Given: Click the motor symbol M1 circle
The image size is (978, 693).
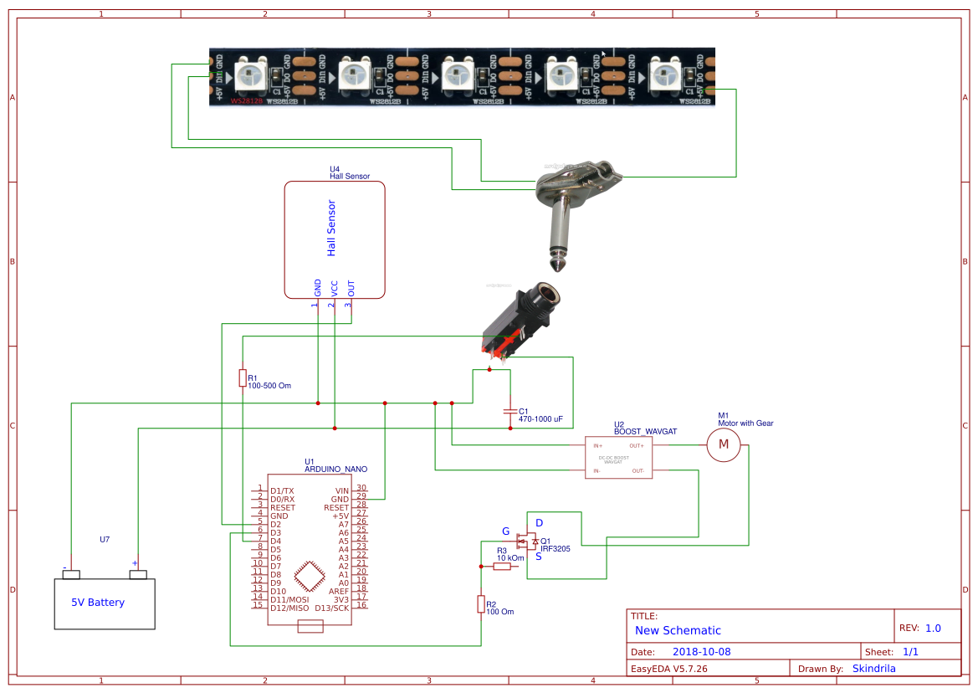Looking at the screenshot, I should [725, 445].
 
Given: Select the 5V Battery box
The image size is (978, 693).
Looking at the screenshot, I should [105, 603].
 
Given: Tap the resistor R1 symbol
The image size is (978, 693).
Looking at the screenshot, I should [243, 378].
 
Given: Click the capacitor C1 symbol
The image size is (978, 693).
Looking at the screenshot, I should [509, 412].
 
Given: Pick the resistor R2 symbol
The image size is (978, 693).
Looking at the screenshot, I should [481, 603].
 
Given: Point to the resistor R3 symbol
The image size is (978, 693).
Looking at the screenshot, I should [502, 567].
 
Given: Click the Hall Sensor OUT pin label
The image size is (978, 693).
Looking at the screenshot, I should [351, 288].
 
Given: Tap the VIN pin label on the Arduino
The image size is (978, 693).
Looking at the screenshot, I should [341, 491].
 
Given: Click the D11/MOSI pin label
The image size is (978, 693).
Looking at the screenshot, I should [289, 599].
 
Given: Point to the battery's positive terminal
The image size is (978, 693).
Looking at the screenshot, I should [138, 574].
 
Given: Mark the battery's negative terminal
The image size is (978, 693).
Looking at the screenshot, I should [71, 574].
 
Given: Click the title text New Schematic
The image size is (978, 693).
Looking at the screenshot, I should [678, 630].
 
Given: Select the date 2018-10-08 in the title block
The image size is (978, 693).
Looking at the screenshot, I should [702, 652].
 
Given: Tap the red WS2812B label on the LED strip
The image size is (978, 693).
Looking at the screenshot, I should [247, 100].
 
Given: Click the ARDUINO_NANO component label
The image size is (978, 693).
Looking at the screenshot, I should [335, 469].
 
